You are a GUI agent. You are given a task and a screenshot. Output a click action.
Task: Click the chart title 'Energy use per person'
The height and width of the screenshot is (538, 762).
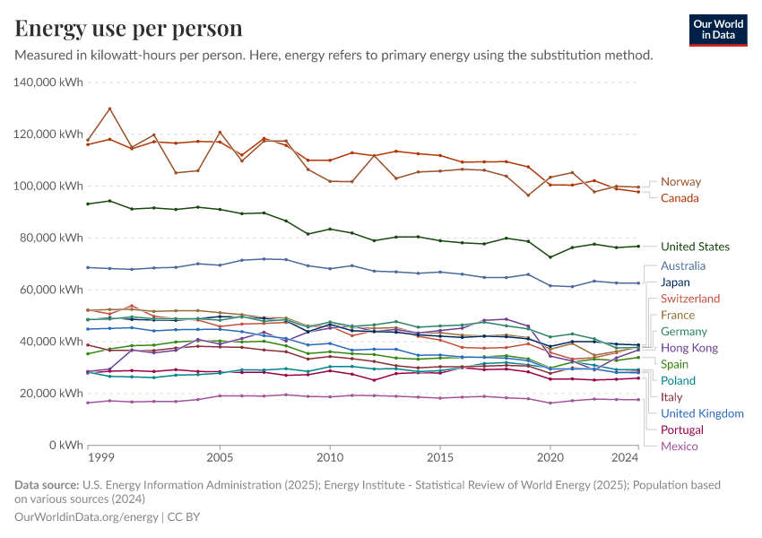tap(129, 29)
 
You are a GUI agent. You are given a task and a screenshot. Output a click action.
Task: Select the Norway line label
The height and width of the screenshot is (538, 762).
tap(680, 182)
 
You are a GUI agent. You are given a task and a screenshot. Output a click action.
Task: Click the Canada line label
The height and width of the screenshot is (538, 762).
tap(680, 198)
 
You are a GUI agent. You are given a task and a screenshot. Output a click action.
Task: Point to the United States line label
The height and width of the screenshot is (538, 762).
tap(695, 247)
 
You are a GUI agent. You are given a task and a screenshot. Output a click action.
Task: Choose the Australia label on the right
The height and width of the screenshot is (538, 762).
tap(683, 266)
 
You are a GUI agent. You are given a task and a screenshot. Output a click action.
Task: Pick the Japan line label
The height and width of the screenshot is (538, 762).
tap(675, 282)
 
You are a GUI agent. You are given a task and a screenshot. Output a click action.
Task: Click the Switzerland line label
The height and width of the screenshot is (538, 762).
tap(689, 299)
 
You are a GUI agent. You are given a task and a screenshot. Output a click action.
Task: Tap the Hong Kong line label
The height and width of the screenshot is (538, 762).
tap(688, 348)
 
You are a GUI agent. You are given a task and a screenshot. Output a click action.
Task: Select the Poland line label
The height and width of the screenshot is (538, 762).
tap(678, 381)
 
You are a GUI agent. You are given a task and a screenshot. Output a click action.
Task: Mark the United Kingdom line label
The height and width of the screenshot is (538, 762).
tap(702, 413)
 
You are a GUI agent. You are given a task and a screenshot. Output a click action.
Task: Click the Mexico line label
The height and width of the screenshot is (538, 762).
tap(679, 447)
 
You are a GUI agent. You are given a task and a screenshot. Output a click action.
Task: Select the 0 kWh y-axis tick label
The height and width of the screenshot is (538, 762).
tap(66, 445)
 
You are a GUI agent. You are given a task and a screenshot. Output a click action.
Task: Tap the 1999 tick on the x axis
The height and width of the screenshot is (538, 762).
tap(100, 458)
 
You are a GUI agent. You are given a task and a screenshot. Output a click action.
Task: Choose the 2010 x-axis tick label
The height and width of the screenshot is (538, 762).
tap(330, 458)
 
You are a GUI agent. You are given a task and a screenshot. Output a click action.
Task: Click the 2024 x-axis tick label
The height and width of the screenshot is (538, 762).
tap(624, 458)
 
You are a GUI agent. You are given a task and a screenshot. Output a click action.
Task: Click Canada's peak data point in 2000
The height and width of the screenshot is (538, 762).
tap(109, 109)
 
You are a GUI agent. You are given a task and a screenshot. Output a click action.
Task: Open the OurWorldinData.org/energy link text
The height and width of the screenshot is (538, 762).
tap(85, 517)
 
